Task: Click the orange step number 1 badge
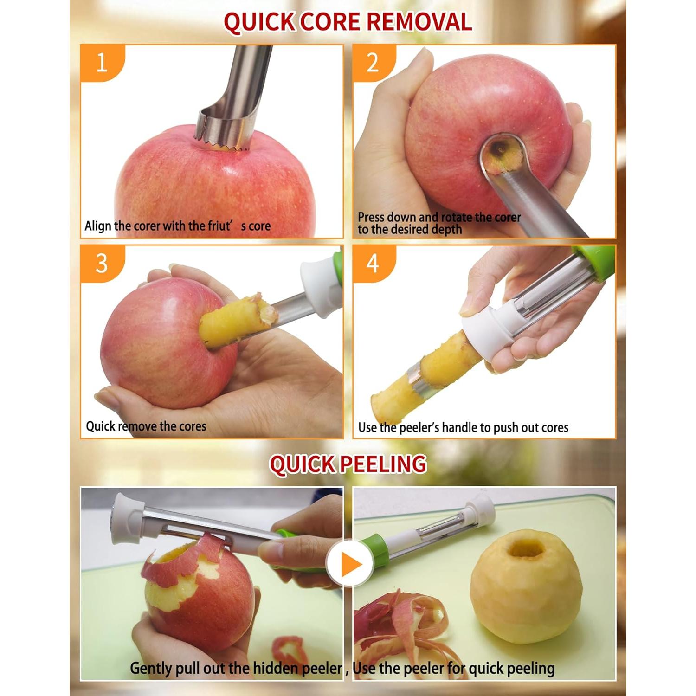(x=102, y=62)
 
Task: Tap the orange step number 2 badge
(x=373, y=62)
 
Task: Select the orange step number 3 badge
(x=102, y=263)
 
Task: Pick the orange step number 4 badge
(x=373, y=263)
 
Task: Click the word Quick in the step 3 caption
(x=100, y=426)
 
